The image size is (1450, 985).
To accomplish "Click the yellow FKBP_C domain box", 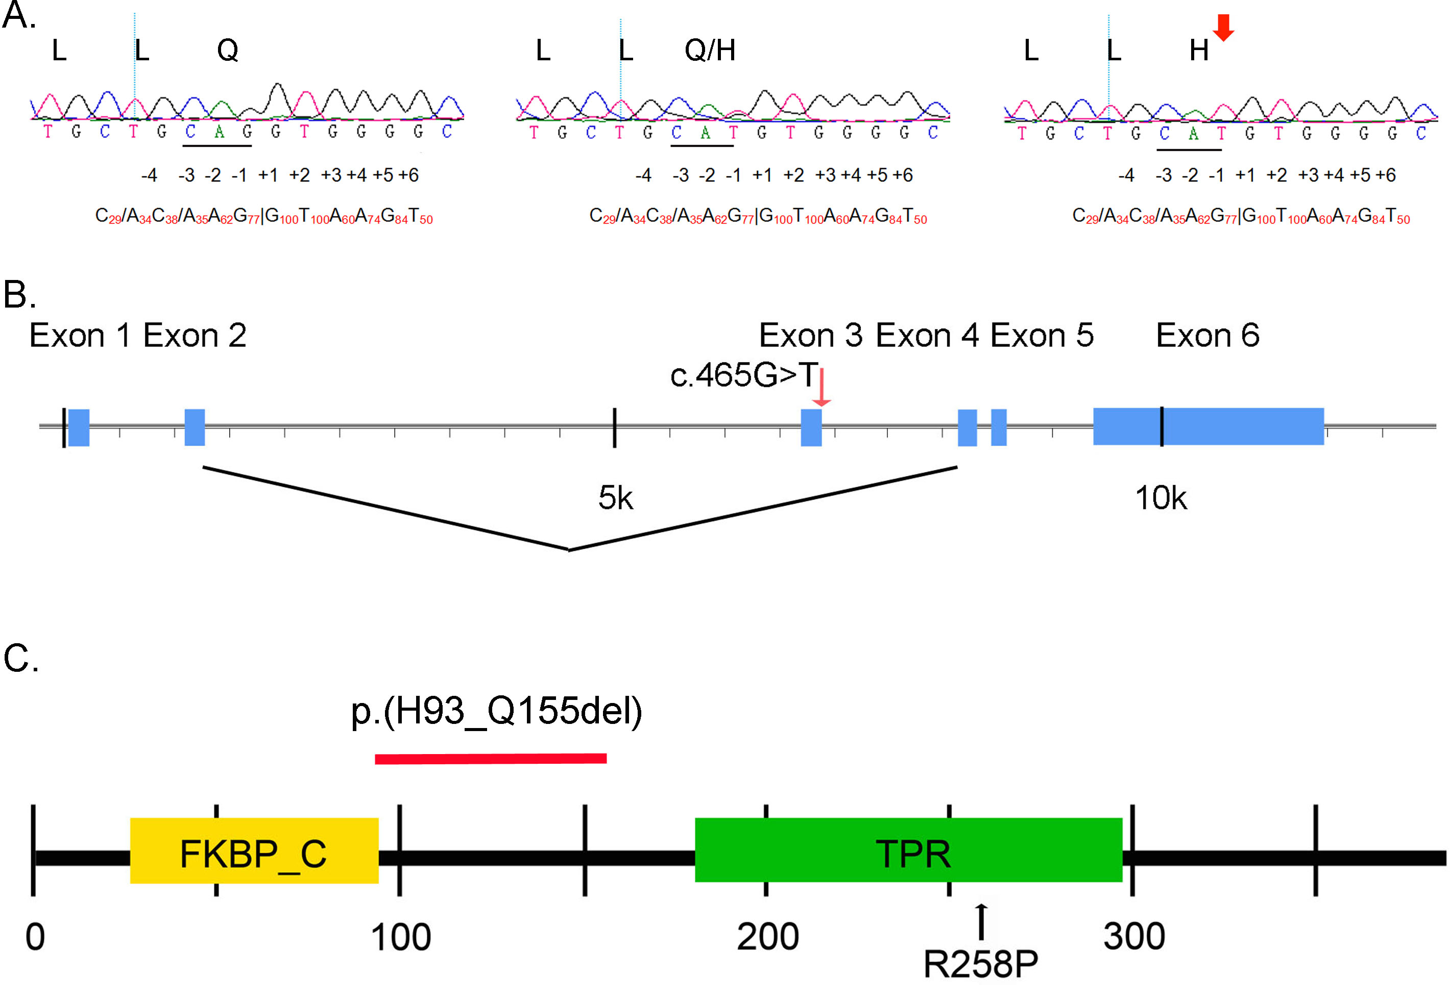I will coord(254,850).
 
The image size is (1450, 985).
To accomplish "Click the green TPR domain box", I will coord(908,850).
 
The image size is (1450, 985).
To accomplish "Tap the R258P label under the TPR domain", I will coord(980,964).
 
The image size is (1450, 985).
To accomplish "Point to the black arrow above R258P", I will coord(981,921).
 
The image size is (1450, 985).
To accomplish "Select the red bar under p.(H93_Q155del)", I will coord(491,758).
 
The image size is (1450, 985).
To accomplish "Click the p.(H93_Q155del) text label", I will coord(496,711).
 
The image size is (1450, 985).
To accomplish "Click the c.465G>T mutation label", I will coord(742,375).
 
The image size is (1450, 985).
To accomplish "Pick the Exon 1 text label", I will coord(80,336).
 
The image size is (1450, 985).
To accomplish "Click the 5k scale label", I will coord(615,498).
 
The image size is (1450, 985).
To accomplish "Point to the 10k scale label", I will coord(1161,498).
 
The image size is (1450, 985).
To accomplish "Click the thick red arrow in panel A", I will coord(1223,27).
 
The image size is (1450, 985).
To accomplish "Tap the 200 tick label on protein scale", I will coord(767,936).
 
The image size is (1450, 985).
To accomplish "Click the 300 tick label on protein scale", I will coord(1133,936).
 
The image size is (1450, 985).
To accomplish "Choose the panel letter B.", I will coord(19,295).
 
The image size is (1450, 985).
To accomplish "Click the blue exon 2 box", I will coord(195,427).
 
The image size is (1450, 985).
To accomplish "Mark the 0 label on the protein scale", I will coord(35,937).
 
